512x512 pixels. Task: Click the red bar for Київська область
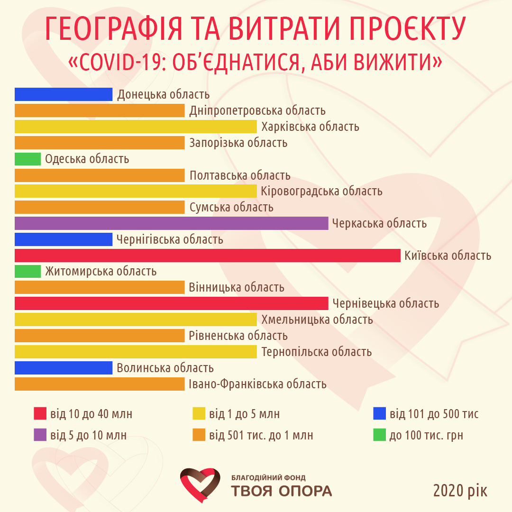click(x=208, y=256)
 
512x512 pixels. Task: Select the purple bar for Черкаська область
click(x=171, y=223)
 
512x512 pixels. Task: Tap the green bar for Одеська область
click(x=27, y=159)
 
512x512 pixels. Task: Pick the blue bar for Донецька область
click(x=64, y=94)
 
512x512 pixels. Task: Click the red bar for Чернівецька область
click(x=171, y=303)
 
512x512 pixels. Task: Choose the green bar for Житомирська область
click(x=27, y=272)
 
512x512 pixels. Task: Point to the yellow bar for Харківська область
click(x=136, y=127)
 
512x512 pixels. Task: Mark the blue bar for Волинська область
click(x=64, y=368)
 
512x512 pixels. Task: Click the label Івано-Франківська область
click(x=257, y=384)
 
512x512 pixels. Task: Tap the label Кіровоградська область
click(x=321, y=192)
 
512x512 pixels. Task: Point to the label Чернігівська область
click(x=170, y=239)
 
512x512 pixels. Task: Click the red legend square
click(x=40, y=413)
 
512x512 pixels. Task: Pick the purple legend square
click(x=40, y=435)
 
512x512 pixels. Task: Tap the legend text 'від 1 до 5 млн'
click(x=244, y=414)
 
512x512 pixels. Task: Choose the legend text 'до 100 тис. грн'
click(x=426, y=435)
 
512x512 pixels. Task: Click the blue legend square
click(x=379, y=413)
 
